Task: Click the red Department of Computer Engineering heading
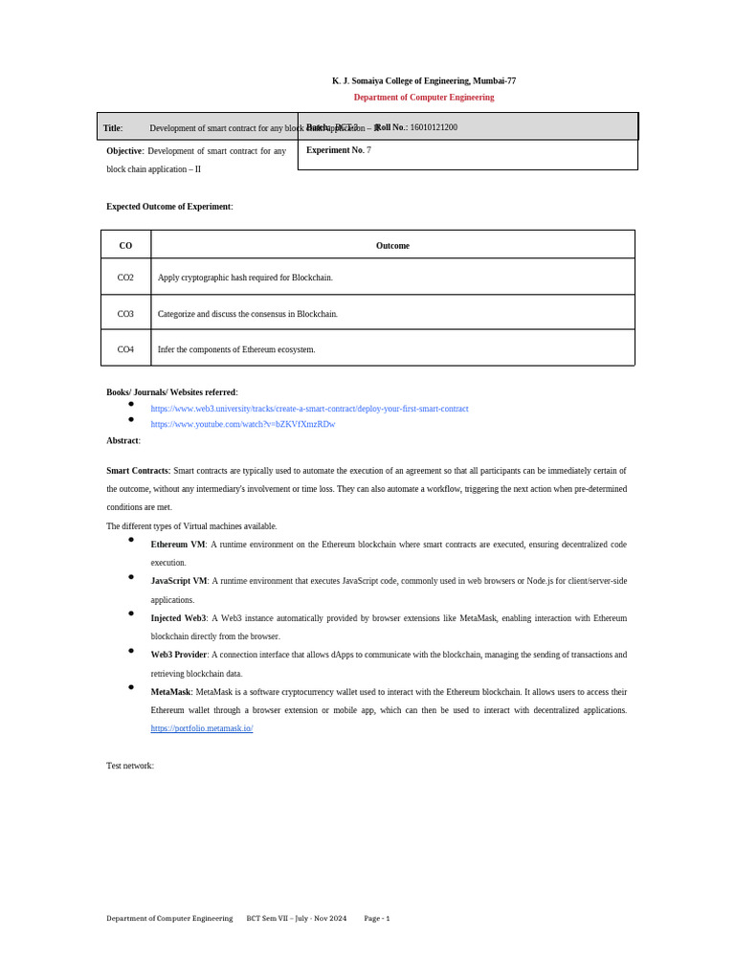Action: [x=423, y=98]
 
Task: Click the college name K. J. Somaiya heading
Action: [x=423, y=81]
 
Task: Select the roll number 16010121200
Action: [x=434, y=127]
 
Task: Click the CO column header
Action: [x=125, y=246]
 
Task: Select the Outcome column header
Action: [x=392, y=246]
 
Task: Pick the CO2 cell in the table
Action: [x=125, y=278]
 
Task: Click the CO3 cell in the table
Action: [x=125, y=314]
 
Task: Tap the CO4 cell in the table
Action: [x=125, y=349]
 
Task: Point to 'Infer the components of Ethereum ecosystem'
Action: [x=236, y=349]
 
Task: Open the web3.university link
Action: [x=309, y=409]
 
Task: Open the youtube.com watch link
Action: [x=243, y=424]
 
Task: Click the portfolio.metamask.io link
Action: [x=202, y=728]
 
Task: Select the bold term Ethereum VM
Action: [x=178, y=545]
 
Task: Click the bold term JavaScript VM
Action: [x=179, y=581]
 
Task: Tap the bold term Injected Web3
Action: [x=178, y=618]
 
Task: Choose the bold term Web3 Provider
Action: [x=179, y=655]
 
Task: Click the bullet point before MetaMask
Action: [x=131, y=687]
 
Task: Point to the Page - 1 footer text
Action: [x=377, y=919]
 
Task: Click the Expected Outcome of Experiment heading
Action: [x=169, y=207]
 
